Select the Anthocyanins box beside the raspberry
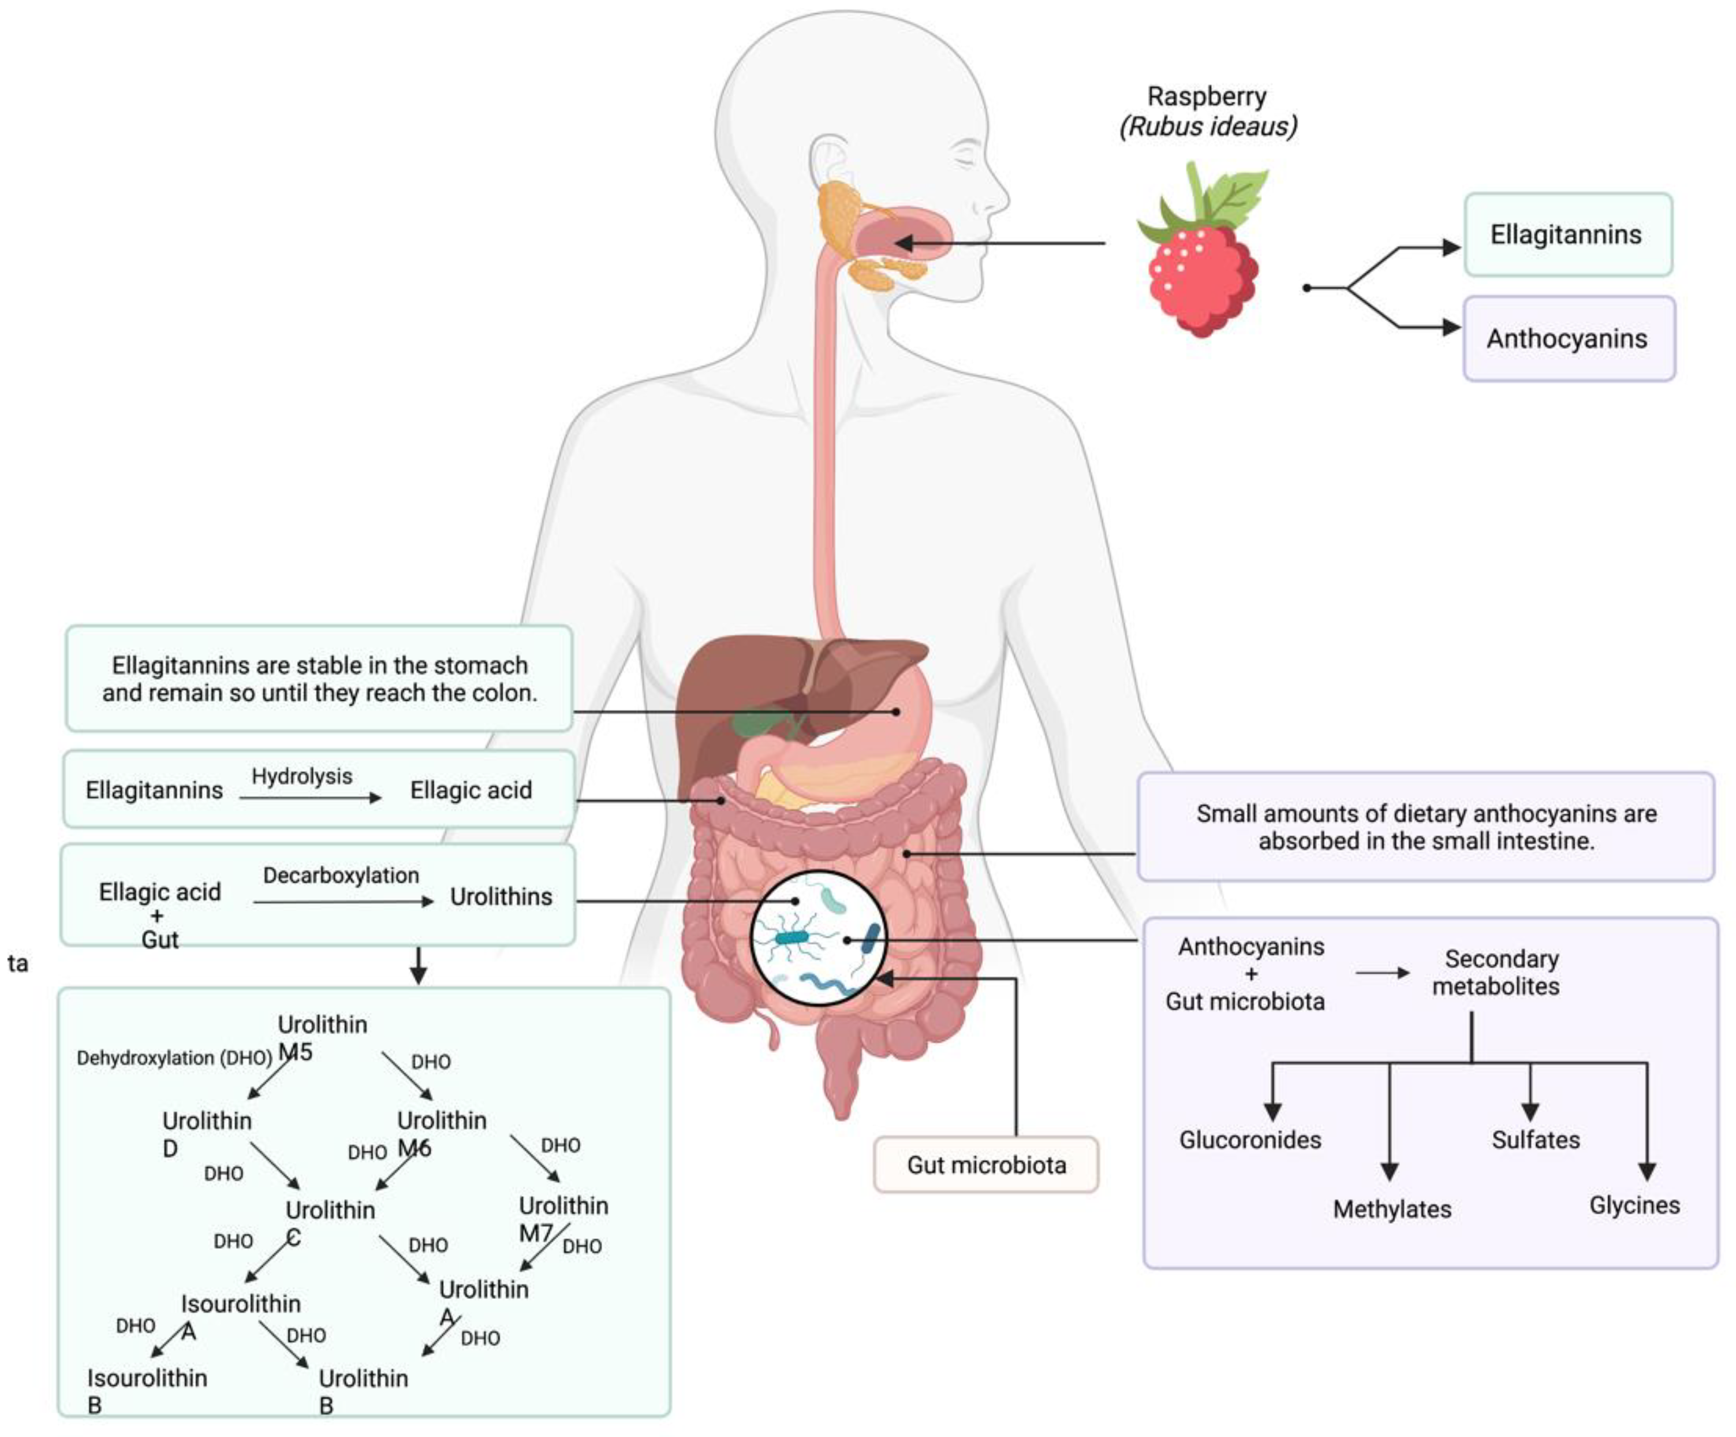(1567, 339)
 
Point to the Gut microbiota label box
(985, 1165)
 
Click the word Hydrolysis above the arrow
(302, 776)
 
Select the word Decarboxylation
(341, 875)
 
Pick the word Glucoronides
(1250, 1140)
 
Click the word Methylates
(1392, 1209)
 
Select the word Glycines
(1634, 1205)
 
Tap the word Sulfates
(1535, 1140)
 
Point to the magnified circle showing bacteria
(819, 939)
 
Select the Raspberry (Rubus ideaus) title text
(1207, 111)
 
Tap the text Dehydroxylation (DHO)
(174, 1058)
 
